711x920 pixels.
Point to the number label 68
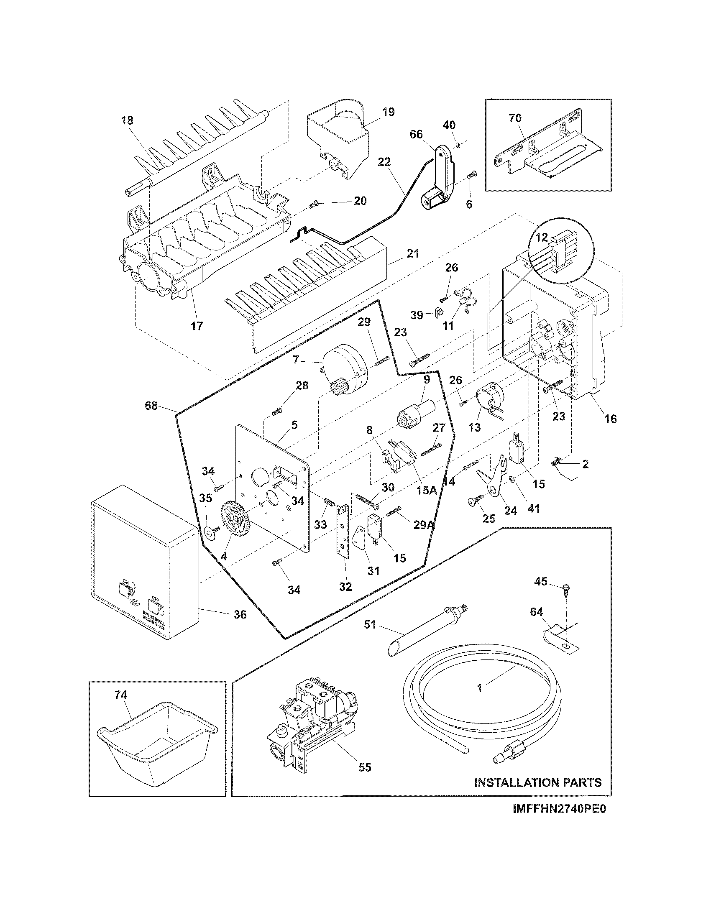pyautogui.click(x=151, y=406)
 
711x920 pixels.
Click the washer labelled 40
pyautogui.click(x=458, y=146)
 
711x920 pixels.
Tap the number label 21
pyautogui.click(x=413, y=253)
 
